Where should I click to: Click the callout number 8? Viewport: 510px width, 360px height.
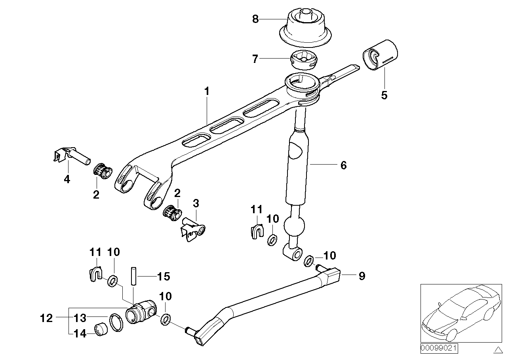[x=255, y=19]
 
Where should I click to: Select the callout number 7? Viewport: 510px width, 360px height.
[x=255, y=59]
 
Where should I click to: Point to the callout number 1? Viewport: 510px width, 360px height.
[x=206, y=91]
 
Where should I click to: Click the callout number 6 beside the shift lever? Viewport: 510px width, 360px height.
[x=343, y=165]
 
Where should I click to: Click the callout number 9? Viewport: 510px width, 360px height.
[x=362, y=276]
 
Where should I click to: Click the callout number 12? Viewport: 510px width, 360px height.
[x=47, y=318]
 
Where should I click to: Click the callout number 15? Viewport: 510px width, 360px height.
[x=164, y=276]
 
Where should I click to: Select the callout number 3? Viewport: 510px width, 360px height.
[x=196, y=204]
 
